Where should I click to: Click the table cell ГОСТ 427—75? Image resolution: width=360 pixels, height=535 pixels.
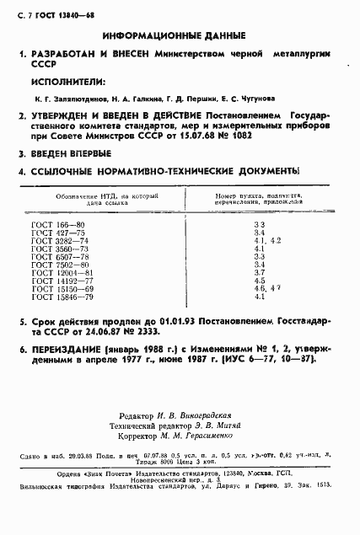coord(58,234)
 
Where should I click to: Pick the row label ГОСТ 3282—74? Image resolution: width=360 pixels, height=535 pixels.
coord(60,242)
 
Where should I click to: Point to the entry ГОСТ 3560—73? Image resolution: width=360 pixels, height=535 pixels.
coord(60,250)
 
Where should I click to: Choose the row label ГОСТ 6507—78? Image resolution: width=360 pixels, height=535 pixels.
coord(60,258)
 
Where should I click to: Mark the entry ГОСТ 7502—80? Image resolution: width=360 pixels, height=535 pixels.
coord(60,266)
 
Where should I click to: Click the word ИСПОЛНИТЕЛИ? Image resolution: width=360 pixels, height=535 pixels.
coord(67,82)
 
